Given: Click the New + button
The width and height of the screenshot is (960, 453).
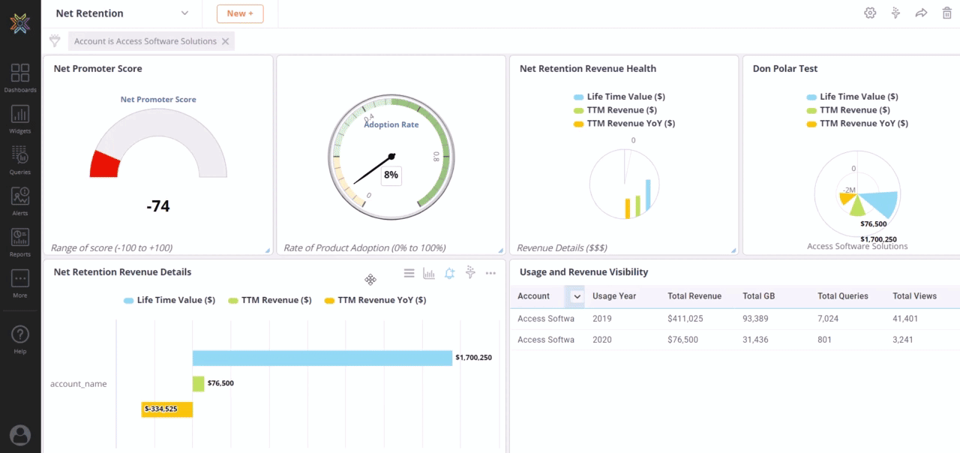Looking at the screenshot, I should point(240,13).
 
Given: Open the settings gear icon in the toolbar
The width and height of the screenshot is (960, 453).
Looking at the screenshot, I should point(870,13).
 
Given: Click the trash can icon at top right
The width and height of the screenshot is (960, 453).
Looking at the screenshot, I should point(946,13).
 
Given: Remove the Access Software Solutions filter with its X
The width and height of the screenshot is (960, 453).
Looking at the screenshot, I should point(225,41).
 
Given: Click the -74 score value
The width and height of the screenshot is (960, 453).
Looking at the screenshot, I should point(158,205).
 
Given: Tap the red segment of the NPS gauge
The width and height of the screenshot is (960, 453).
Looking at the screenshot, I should point(105,163).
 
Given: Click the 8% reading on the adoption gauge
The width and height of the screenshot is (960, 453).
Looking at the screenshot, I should point(391,175).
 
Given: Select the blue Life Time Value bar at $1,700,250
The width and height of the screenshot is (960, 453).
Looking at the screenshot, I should point(322,358).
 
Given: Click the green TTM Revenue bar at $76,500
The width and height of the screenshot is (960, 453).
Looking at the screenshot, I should point(198,383).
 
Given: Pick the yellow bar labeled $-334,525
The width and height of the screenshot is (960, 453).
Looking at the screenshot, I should point(166,409).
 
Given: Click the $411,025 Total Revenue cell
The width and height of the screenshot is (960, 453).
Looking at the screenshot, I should point(685,319).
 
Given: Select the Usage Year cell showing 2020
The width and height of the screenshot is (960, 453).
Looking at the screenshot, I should point(602,340).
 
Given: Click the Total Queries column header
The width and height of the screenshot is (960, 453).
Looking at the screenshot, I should point(843,296).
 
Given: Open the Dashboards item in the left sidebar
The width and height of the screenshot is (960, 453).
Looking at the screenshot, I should point(20,77).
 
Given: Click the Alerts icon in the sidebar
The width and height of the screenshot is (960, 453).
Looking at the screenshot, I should point(20,200).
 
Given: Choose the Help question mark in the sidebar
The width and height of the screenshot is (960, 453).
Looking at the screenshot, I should point(20,338).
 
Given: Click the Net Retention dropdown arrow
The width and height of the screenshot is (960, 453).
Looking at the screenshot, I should point(184,13).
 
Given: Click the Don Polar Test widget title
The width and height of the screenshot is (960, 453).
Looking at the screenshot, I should point(784,68).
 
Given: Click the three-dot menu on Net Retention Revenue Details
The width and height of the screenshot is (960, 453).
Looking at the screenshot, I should point(490,273).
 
